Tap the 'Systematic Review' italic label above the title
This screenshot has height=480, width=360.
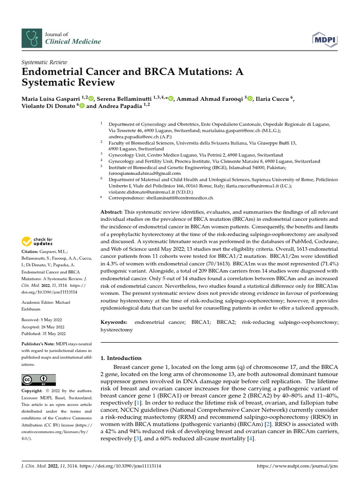tap(45, 62)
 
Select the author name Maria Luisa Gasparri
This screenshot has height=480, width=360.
tap(51, 98)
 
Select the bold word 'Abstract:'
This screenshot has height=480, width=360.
tap(112, 213)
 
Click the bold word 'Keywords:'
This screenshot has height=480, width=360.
tap(114, 322)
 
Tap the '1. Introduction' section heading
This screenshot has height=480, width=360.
tap(121, 358)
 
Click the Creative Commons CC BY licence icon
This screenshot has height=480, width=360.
tap(39, 379)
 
